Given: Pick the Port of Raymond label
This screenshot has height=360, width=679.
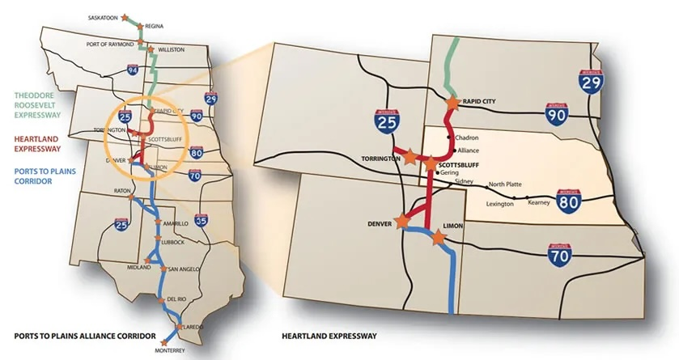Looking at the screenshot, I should (x=108, y=42).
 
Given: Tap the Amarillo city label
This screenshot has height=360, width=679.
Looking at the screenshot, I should (x=176, y=222).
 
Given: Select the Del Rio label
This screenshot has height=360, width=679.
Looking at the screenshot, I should (x=177, y=300).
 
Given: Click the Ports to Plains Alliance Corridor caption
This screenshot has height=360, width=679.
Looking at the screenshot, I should (x=73, y=334).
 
